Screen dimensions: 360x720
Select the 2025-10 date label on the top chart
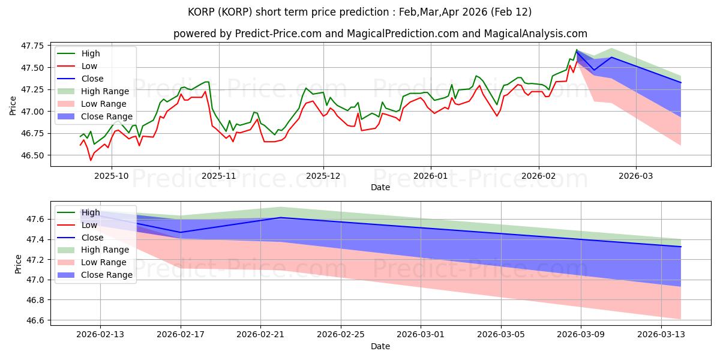click(x=112, y=175)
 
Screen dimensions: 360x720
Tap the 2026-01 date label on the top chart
click(x=430, y=175)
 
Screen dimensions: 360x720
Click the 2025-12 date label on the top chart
click(x=323, y=175)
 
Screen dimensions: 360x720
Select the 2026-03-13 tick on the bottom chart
click(x=661, y=334)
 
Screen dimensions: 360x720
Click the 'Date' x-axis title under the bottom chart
click(x=380, y=346)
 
